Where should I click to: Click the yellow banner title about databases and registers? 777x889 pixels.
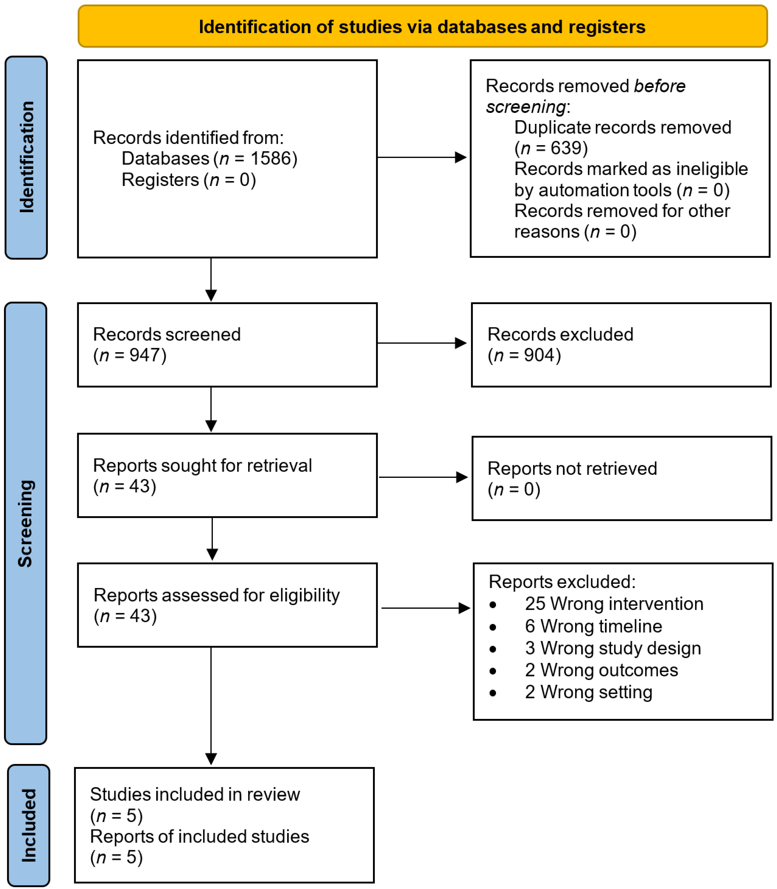(x=422, y=27)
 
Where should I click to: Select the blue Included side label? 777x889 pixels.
(x=29, y=825)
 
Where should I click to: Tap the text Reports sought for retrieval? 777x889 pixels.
(x=202, y=465)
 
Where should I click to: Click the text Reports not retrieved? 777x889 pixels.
(x=572, y=468)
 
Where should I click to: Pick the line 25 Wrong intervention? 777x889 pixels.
(x=613, y=604)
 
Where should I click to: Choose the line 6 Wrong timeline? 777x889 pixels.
(x=593, y=626)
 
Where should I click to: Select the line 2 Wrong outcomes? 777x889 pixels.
(x=601, y=670)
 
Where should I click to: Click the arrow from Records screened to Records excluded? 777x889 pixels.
(x=422, y=343)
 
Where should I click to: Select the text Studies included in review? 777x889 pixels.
(x=195, y=795)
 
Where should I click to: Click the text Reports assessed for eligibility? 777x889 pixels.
(x=216, y=595)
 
